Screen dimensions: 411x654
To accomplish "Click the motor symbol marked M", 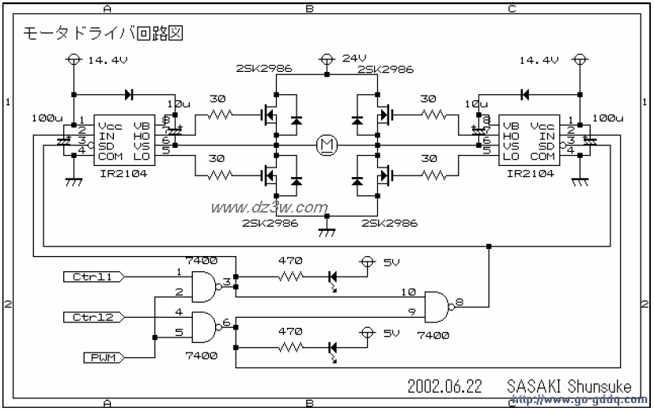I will point(326,144).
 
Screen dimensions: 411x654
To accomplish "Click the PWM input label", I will point(102,358).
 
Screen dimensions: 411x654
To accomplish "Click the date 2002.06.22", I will point(444,386).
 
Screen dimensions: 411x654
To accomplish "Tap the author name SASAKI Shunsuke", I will point(569,386).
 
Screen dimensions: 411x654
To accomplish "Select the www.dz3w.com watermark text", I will point(269,208).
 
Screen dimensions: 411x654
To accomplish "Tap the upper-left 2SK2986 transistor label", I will point(263,70).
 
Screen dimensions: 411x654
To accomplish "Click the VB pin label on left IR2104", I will point(142,125).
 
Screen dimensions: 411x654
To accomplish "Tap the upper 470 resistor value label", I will point(292,259).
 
